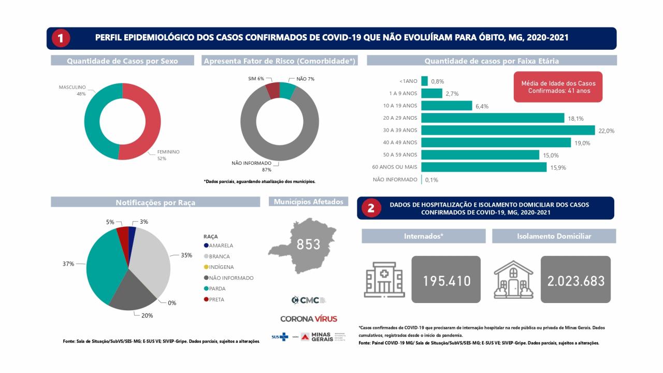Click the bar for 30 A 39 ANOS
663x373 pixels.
(x=508, y=130)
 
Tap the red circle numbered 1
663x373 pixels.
(x=61, y=38)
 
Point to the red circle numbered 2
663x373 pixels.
(x=371, y=208)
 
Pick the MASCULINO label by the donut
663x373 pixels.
(x=72, y=88)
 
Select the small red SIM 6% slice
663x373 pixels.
(x=273, y=90)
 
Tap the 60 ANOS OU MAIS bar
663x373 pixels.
(x=484, y=167)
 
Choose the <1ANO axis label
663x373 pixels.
(x=408, y=81)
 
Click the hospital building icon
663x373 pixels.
(x=384, y=280)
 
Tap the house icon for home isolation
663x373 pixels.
(x=513, y=280)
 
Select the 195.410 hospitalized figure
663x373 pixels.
(x=446, y=280)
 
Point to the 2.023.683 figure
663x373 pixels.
(x=575, y=280)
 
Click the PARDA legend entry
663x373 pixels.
(x=217, y=289)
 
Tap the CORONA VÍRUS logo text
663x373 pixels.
(x=309, y=318)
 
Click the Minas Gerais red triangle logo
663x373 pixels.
(x=305, y=337)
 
